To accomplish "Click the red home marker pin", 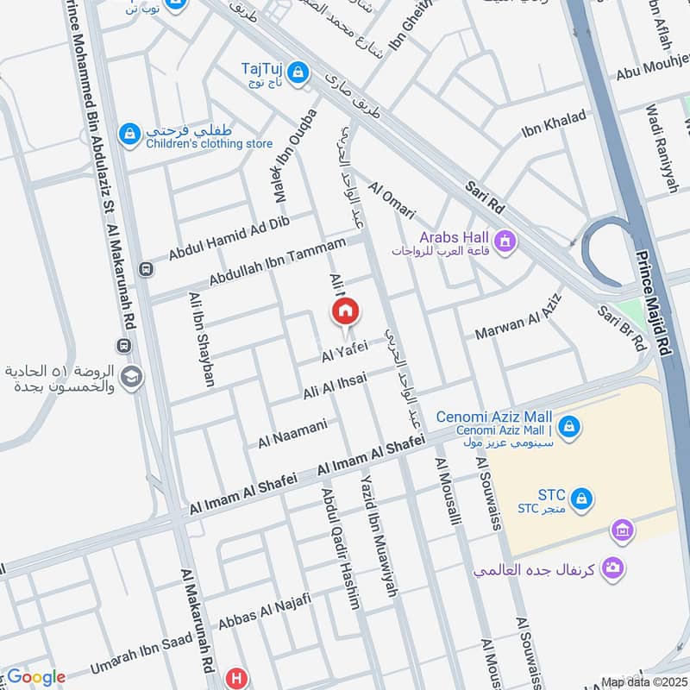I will point(346,311).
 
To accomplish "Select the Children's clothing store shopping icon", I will point(129,134).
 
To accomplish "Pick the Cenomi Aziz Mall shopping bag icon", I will point(568,425).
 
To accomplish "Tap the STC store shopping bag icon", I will point(583,497).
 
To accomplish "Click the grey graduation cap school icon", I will point(131,378).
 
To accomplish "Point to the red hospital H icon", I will point(235,678).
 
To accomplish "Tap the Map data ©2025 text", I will point(643,681).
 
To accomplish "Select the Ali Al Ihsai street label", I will point(335,385).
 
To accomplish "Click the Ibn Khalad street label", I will point(554,125).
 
